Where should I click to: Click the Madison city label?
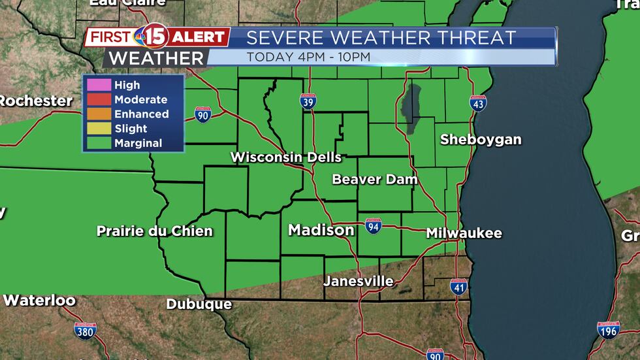(321, 230)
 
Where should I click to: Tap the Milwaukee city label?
(464, 233)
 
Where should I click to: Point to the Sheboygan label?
(481, 139)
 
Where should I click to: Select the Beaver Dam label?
(374, 179)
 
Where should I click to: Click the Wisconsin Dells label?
(286, 157)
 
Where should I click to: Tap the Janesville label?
(359, 282)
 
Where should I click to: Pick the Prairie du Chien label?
(154, 231)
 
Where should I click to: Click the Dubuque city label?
(199, 304)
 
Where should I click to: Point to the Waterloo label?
(39, 301)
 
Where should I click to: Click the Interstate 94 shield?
(374, 227)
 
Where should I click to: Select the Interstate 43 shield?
(478, 103)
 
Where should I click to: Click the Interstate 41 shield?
(458, 286)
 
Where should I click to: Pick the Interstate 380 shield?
(86, 331)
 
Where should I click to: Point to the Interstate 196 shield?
(608, 331)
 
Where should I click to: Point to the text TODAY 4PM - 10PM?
(308, 57)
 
